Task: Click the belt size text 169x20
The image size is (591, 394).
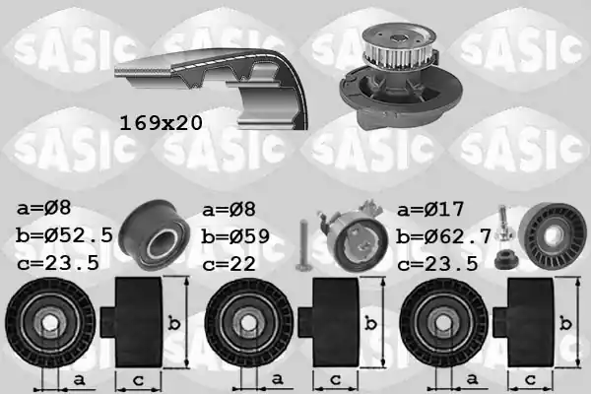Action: [161, 123]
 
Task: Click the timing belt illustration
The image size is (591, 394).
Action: [211, 89]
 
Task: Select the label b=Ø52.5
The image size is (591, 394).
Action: [64, 235]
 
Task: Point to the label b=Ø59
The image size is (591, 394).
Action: [235, 236]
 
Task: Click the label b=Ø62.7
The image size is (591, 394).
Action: [443, 236]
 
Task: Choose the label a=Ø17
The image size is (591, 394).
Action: [430, 209]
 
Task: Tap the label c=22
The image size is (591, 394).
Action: [229, 264]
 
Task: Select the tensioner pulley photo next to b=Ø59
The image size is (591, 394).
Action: [355, 237]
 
